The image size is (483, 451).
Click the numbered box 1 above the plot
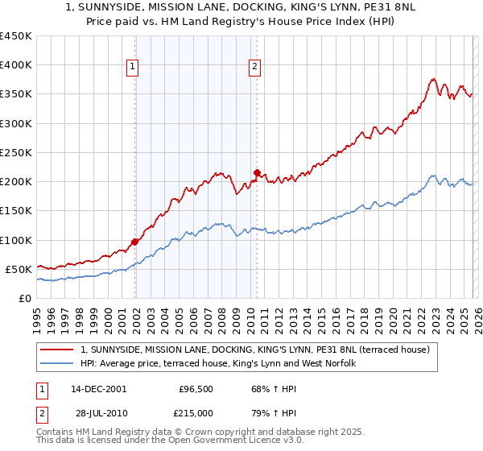tap(132, 68)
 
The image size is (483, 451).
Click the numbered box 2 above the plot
tap(254, 68)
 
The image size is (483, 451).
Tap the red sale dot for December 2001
tap(135, 242)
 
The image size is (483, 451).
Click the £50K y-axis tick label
tap(19, 269)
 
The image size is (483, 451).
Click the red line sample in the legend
tap(58, 350)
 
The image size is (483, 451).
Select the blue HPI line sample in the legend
tap(58, 364)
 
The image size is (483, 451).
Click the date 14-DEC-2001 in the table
tap(98, 389)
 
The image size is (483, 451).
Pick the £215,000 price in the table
tap(196, 413)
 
